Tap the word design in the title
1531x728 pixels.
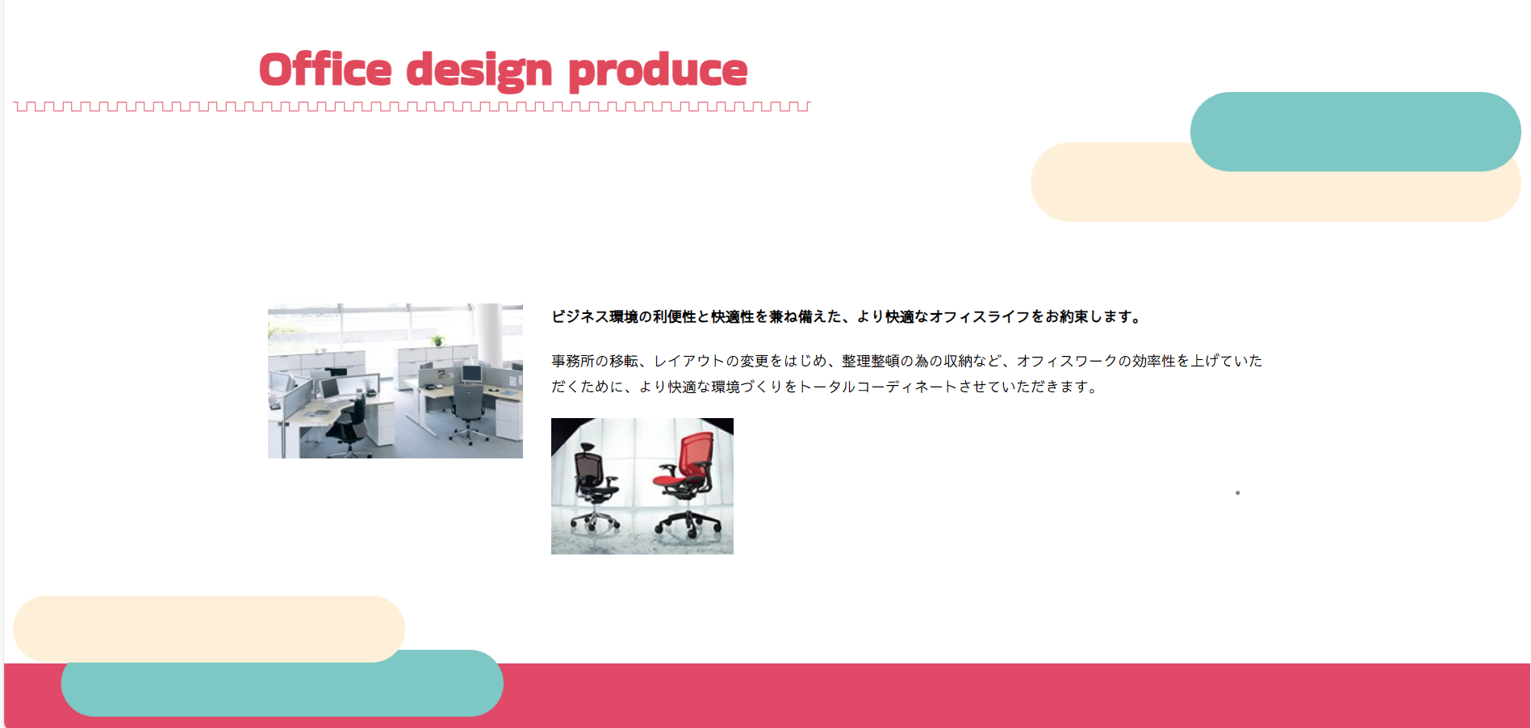click(479, 71)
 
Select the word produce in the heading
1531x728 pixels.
click(658, 72)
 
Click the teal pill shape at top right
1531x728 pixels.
click(1355, 132)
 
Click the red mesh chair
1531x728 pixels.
click(686, 484)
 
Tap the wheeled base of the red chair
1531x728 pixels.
click(688, 524)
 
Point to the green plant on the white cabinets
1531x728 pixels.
click(437, 340)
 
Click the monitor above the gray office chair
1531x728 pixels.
click(471, 374)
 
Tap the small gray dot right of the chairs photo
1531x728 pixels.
click(1237, 492)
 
